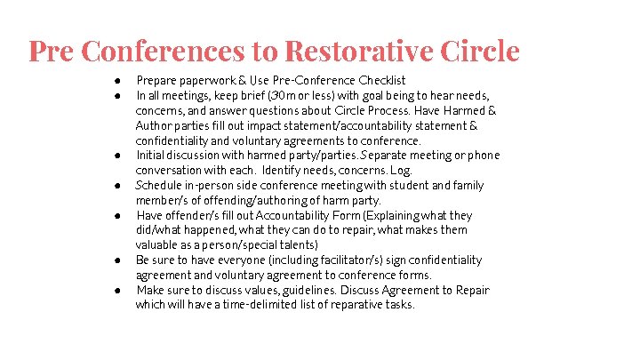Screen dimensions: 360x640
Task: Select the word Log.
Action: (402, 171)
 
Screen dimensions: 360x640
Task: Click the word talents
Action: (295, 245)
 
